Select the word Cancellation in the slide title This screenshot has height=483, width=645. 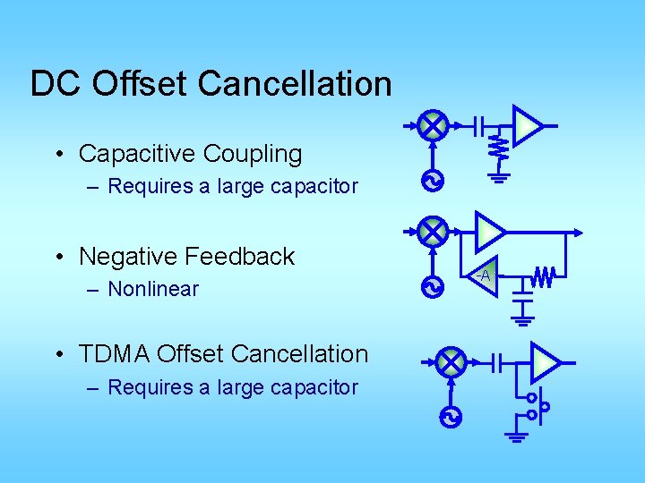tap(295, 83)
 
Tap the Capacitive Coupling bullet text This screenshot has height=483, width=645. tap(190, 154)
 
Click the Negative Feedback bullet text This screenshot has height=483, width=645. tap(186, 257)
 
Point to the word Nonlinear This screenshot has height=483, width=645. tap(153, 289)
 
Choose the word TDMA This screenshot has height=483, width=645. tap(114, 354)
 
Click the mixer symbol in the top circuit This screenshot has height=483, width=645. tap(434, 126)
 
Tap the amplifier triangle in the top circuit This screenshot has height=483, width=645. tap(527, 126)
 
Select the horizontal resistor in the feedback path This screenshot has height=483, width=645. tap(544, 277)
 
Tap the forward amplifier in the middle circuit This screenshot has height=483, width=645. tap(489, 231)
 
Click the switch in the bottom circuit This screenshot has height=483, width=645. tap(537, 406)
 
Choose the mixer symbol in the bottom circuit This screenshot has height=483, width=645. tap(451, 362)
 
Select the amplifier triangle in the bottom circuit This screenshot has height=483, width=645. tap(544, 362)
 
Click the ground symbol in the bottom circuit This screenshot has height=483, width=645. tap(517, 436)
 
